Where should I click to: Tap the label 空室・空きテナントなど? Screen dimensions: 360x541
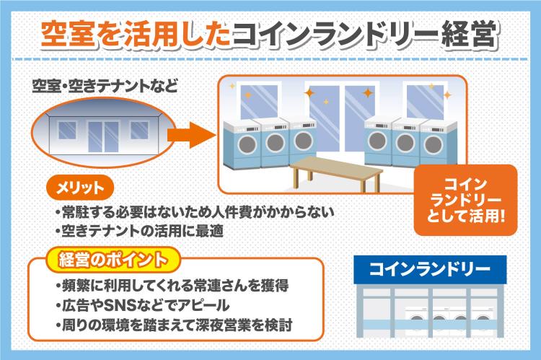(105, 89)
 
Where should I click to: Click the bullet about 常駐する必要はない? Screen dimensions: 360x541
(193, 214)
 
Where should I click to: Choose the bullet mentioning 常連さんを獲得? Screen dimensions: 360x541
(172, 285)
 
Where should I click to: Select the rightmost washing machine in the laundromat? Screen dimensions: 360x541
(439, 142)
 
